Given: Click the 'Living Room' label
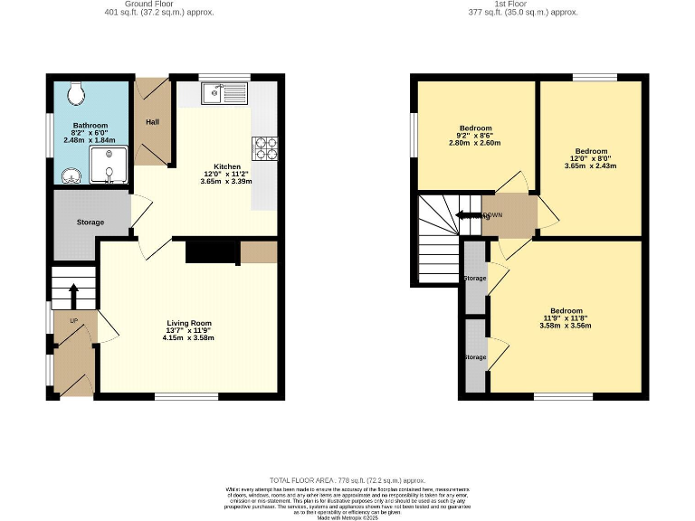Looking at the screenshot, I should (188, 323).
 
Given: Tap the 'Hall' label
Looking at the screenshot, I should (150, 119).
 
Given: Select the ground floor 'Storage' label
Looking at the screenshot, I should (90, 223).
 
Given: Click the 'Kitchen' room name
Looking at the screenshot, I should (227, 166).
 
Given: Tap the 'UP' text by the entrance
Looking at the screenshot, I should (62, 320).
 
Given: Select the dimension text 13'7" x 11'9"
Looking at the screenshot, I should (188, 330).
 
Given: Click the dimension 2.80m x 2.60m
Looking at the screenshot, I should (475, 143).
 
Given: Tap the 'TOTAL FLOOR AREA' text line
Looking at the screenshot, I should (347, 478).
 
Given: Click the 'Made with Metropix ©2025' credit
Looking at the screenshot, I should (347, 513).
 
